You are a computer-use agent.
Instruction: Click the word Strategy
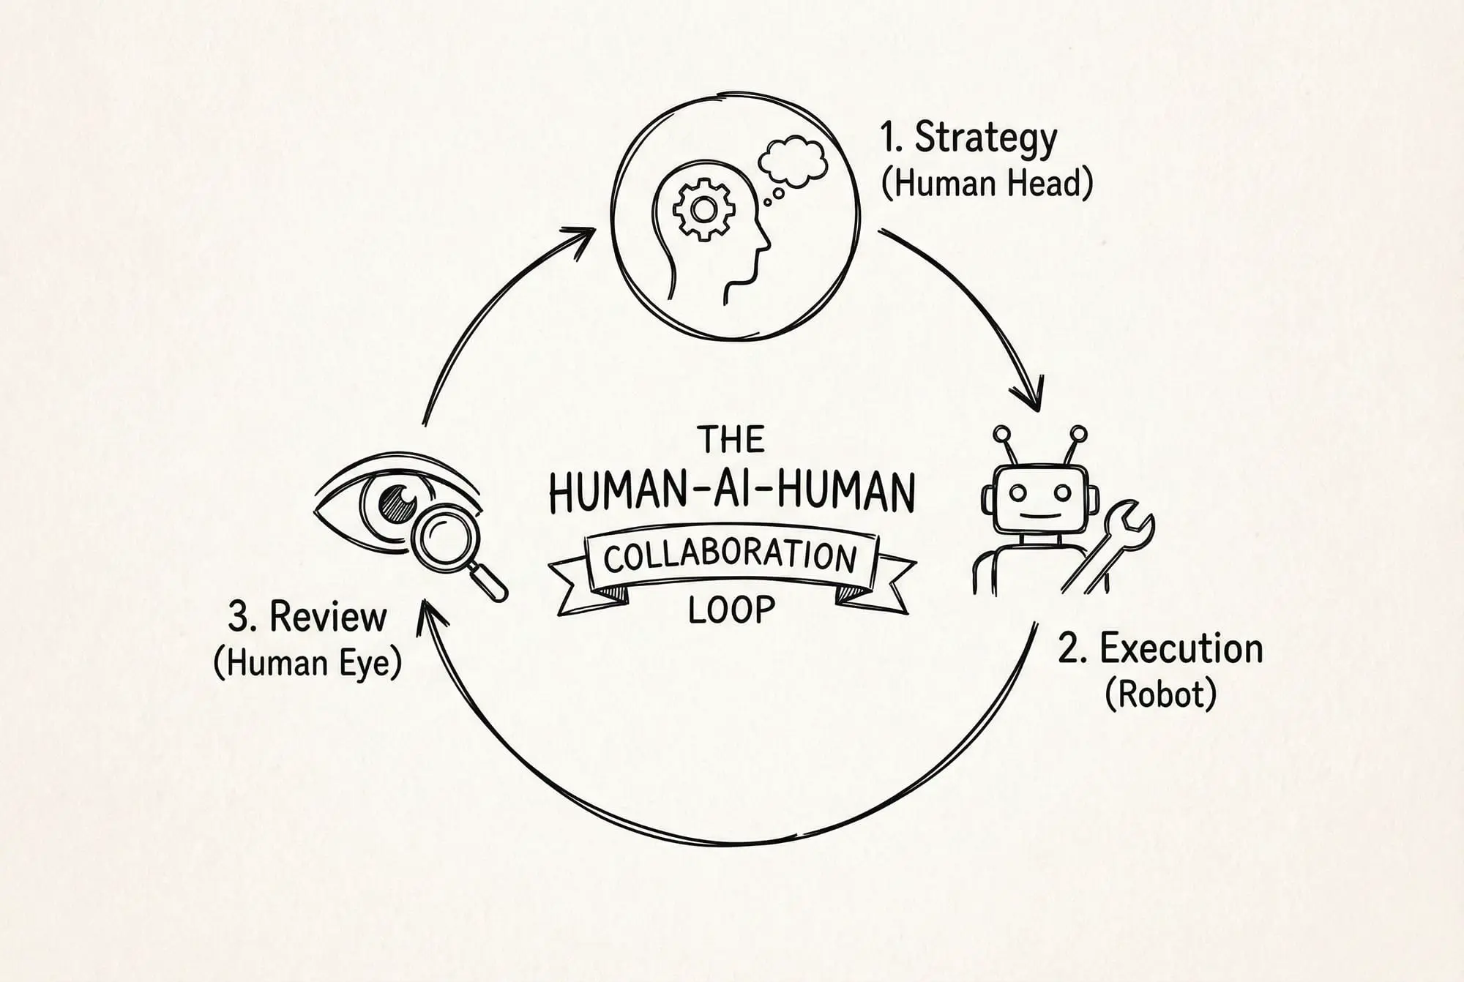[985, 139]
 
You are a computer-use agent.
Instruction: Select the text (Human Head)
[987, 183]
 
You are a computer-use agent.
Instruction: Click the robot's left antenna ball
[1001, 435]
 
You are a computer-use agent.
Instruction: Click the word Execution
[1181, 649]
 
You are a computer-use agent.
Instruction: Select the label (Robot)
[1160, 693]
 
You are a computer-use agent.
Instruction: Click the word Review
[327, 617]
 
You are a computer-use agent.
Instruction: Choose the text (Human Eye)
[307, 663]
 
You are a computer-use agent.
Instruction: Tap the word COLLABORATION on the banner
[730, 558]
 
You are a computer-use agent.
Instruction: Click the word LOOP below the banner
[731, 610]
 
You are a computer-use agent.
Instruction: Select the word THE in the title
[731, 440]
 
